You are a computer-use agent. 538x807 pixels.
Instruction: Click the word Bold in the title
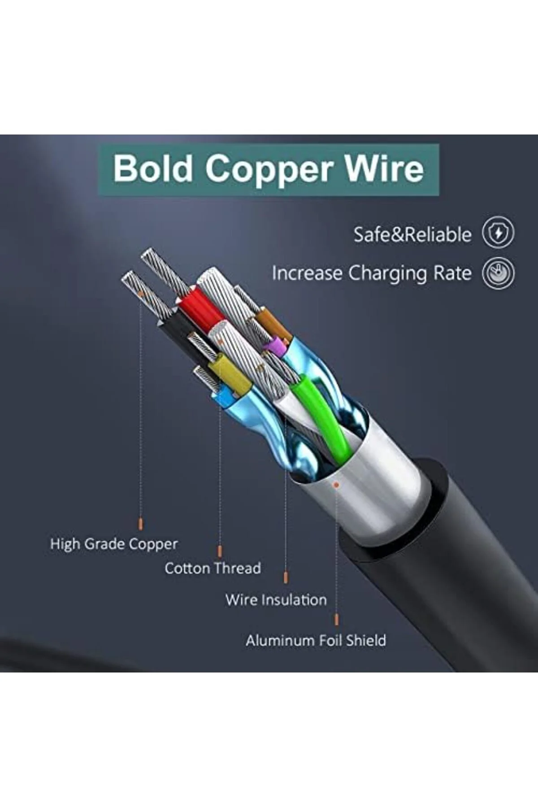tap(153, 168)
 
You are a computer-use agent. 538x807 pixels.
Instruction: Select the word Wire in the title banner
tap(384, 168)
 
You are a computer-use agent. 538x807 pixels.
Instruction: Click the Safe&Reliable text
tap(412, 234)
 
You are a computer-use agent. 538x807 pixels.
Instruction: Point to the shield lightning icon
tap(498, 233)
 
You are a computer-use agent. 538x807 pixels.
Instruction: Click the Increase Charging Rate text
tap(372, 273)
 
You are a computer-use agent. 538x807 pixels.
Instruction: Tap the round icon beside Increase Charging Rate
tap(498, 273)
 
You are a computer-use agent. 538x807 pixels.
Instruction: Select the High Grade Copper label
tap(114, 545)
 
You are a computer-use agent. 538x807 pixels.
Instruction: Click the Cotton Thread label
tap(213, 568)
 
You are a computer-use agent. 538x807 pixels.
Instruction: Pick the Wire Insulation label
tap(276, 600)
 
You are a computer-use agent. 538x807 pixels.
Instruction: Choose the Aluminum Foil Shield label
tap(316, 640)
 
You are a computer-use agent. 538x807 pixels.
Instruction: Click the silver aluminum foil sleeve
tap(368, 484)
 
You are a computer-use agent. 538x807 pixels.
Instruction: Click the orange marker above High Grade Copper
tap(141, 524)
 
